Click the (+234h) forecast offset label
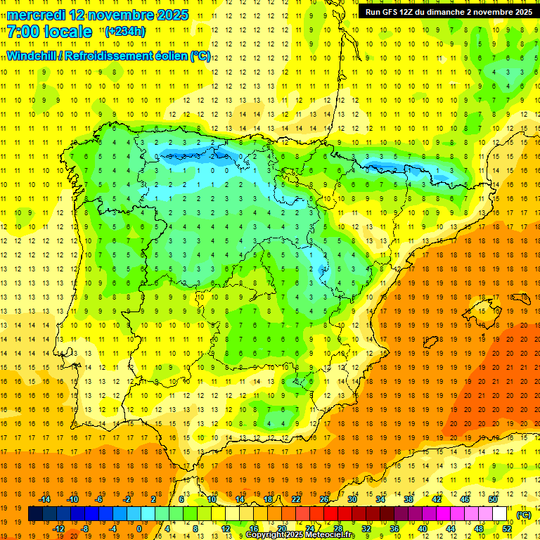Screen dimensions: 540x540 pyautogui.click(x=124, y=32)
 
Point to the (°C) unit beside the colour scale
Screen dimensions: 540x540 pyautogui.click(x=523, y=515)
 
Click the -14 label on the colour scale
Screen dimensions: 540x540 pyautogui.click(x=44, y=499)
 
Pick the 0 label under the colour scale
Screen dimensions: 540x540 pyautogui.click(x=139, y=529)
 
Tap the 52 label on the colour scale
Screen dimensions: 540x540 pyautogui.click(x=507, y=529)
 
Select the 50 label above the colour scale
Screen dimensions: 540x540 pyautogui.click(x=493, y=499)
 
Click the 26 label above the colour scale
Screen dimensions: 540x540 pyautogui.click(x=324, y=499)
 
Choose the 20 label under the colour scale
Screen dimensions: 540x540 pyautogui.click(x=281, y=529)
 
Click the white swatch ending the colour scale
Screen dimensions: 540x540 pyautogui.click(x=500, y=514)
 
